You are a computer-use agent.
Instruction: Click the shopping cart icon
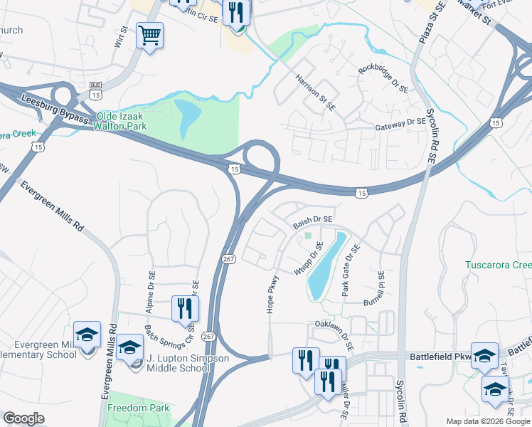point(149,35)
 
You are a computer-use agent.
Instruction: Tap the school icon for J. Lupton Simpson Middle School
point(130,347)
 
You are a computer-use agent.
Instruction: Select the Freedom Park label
point(139,408)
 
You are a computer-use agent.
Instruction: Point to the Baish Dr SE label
point(313,222)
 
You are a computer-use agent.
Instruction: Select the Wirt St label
point(120,38)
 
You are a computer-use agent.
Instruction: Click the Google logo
point(23,418)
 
